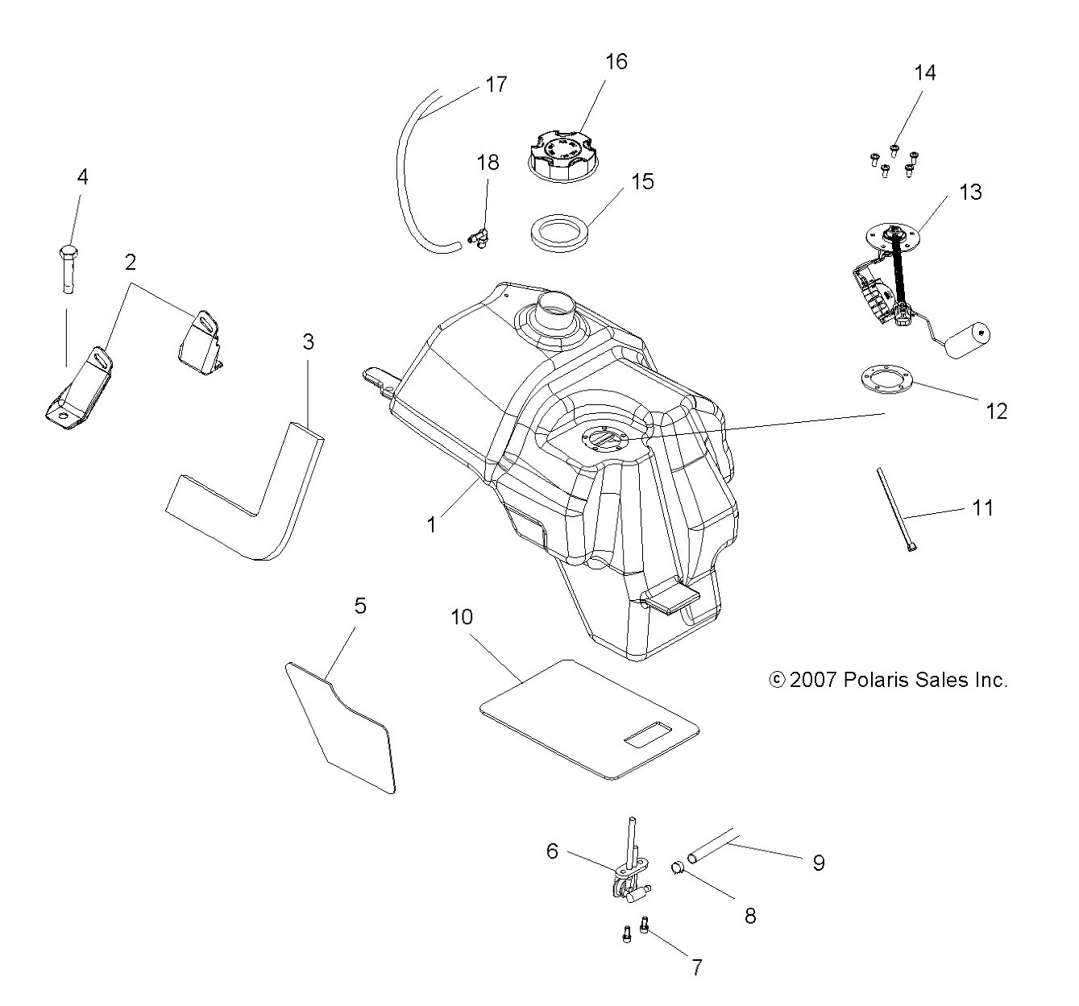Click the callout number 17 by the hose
(496, 84)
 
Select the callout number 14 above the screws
(924, 72)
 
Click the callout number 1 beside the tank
(432, 524)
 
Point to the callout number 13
(970, 192)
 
